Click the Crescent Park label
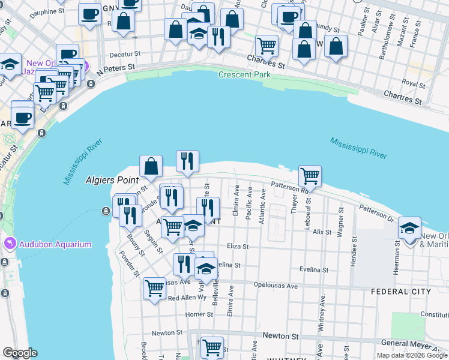click(244, 75)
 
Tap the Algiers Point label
click(112, 179)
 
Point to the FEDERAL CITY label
click(400, 292)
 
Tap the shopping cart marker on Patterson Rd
click(310, 176)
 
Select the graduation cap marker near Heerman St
click(409, 229)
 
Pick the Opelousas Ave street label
click(276, 286)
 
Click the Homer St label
click(196, 314)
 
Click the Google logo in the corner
click(20, 353)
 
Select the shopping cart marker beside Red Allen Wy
click(155, 289)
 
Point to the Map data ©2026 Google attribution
click(411, 355)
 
